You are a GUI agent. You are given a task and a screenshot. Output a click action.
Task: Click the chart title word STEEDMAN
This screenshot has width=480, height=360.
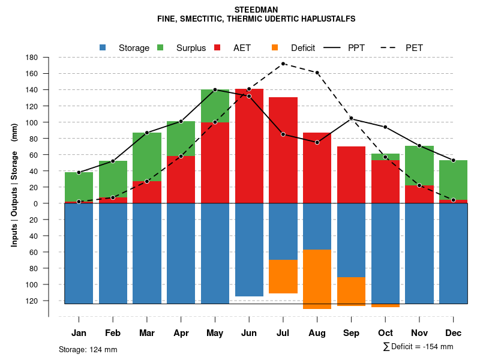pyautogui.click(x=256, y=10)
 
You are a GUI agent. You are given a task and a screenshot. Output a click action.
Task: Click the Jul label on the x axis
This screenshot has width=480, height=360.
pyautogui.click(x=283, y=333)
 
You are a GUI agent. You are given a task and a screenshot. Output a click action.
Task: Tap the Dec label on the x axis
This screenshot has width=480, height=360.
pyautogui.click(x=453, y=333)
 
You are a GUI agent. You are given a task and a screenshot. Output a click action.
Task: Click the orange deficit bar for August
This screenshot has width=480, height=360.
pyautogui.click(x=317, y=279)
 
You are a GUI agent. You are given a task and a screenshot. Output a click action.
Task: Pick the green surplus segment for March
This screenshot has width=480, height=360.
pyautogui.click(x=147, y=157)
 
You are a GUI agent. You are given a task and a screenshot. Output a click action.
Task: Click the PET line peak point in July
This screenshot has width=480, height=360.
pyautogui.click(x=283, y=64)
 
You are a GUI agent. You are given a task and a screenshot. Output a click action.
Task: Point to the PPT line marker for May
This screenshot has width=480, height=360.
pyautogui.click(x=215, y=90)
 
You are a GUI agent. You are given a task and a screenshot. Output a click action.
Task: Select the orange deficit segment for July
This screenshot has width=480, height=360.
pyautogui.click(x=283, y=277)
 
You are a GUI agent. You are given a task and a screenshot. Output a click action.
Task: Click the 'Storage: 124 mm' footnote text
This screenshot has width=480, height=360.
pyautogui.click(x=88, y=349)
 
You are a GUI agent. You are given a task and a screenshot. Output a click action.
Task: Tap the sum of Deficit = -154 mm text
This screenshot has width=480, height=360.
pyautogui.click(x=418, y=347)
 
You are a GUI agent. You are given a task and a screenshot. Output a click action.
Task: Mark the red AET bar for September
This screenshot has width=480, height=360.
pyautogui.click(x=352, y=175)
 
